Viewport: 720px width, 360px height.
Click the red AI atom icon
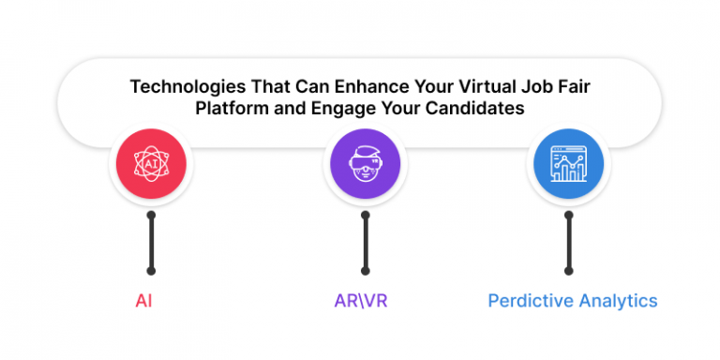click(151, 167)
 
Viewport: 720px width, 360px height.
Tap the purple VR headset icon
click(366, 167)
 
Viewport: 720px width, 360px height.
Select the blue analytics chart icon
click(568, 167)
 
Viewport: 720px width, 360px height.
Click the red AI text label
click(144, 301)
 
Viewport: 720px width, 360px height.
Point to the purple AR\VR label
click(362, 301)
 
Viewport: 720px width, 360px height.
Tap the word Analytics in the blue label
click(615, 301)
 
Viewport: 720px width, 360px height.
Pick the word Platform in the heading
click(230, 107)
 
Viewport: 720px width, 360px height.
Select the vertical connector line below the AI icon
click(151, 243)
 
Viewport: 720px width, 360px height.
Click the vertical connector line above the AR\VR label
click(366, 243)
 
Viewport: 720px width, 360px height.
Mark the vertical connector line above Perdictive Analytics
click(568, 243)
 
